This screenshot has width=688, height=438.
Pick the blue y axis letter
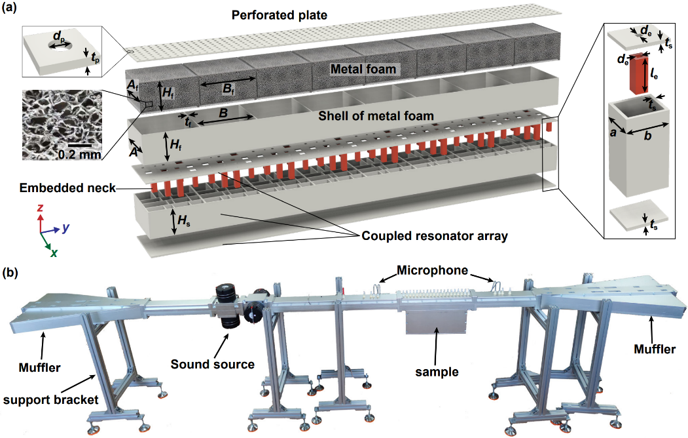66,228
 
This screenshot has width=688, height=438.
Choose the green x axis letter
54,252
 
